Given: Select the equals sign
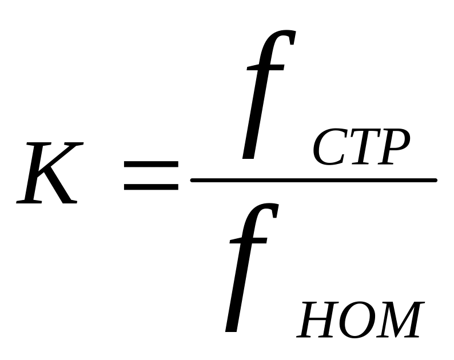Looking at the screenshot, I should pos(150,174).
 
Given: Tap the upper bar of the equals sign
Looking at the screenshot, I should pos(150,163).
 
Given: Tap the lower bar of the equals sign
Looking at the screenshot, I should pos(150,186).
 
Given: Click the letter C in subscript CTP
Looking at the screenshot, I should pos(328,149).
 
